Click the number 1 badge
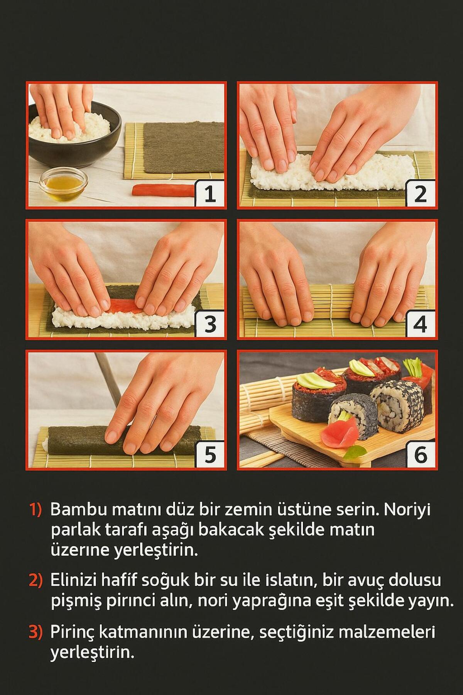(210, 194)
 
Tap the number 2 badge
(421, 194)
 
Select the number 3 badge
(210, 325)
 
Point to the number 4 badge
(421, 325)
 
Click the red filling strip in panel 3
(122, 306)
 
